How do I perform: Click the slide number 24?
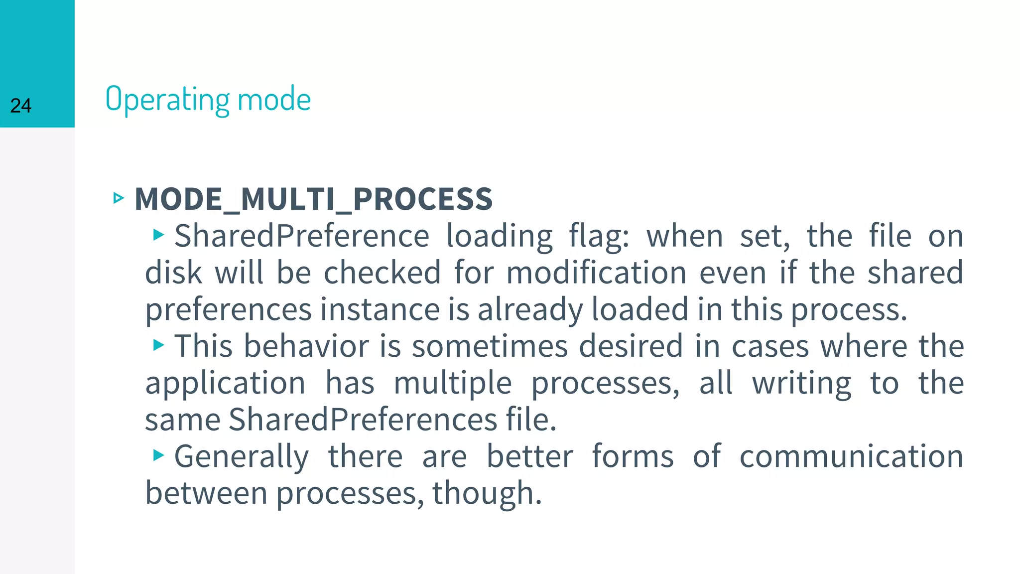pyautogui.click(x=21, y=106)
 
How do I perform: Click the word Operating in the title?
pyautogui.click(x=167, y=99)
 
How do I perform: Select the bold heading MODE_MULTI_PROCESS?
pyautogui.click(x=314, y=199)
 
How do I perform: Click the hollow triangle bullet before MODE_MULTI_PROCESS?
pyautogui.click(x=119, y=198)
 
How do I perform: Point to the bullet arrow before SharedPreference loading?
pyautogui.click(x=158, y=235)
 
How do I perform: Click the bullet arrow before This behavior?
pyautogui.click(x=158, y=345)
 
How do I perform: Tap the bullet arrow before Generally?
pyautogui.click(x=158, y=455)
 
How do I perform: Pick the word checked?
pyautogui.click(x=382, y=273)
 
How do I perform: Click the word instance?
pyautogui.click(x=380, y=309)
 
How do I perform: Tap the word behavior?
pyautogui.click(x=306, y=346)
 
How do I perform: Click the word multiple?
pyautogui.click(x=453, y=384)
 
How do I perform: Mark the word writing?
pyautogui.click(x=802, y=384)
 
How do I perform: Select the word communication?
pyautogui.click(x=851, y=456)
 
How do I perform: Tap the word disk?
pyautogui.click(x=173, y=273)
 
